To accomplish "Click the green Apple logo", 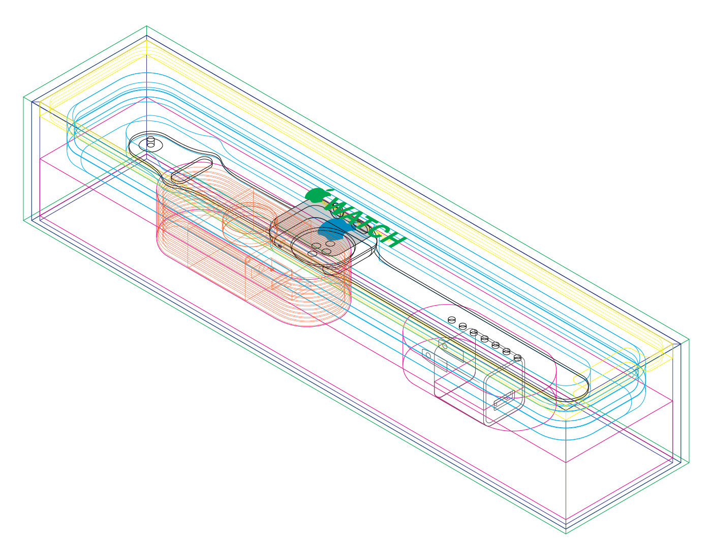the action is point(315,195).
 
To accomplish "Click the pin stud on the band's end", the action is point(150,142).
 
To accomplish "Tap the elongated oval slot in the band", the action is point(192,170).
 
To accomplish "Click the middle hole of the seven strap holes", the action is point(485,339).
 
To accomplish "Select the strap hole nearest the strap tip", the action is point(517,357).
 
